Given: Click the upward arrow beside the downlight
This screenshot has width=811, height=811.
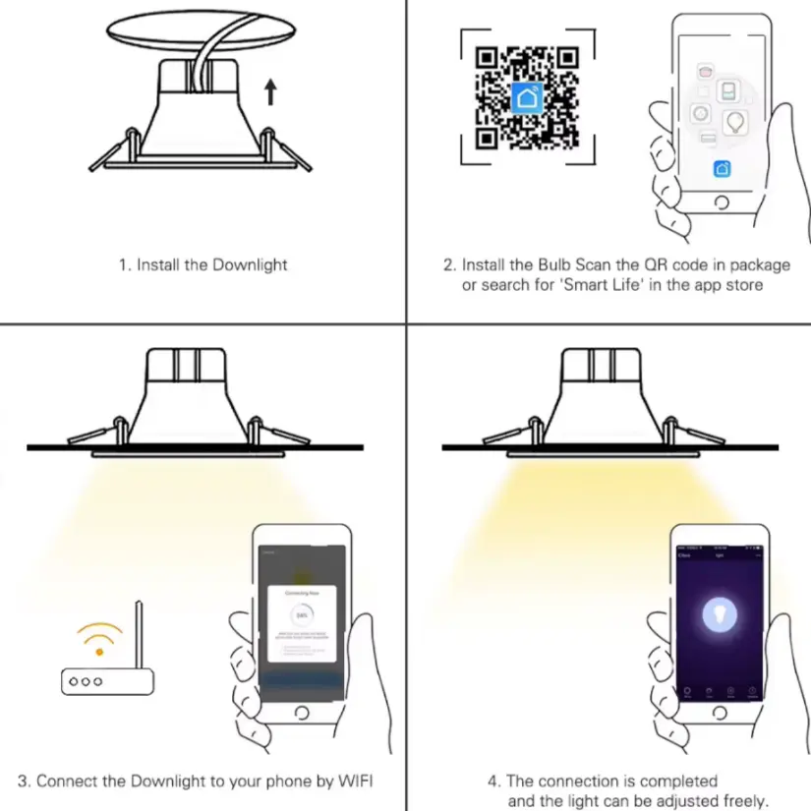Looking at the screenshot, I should [x=271, y=93].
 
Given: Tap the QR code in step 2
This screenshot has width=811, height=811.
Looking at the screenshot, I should [x=526, y=96].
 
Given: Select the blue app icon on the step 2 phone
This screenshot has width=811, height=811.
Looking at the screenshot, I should [x=722, y=168].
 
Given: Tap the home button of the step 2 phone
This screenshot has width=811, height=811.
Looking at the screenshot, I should [x=723, y=203].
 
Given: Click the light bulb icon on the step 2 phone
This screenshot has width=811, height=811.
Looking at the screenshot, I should [x=734, y=122].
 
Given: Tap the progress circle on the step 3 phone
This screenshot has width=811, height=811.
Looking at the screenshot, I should [x=301, y=614].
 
